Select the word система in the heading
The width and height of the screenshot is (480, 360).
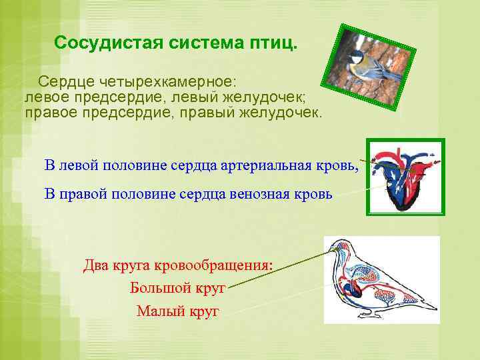point(203,44)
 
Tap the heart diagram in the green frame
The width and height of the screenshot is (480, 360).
point(404,177)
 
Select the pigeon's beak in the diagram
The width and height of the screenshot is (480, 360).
point(326,253)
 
